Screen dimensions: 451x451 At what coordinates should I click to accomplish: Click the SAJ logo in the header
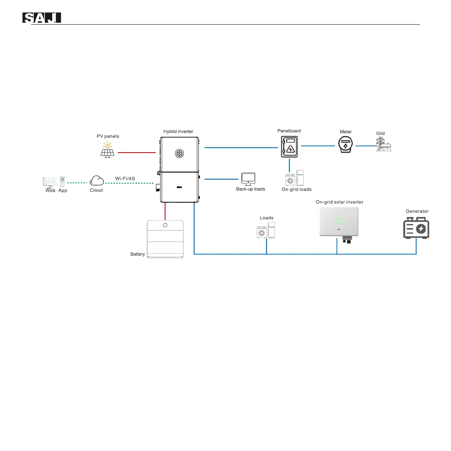pyautogui.click(x=42, y=18)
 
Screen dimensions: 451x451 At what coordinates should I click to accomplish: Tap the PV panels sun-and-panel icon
pyautogui.click(x=108, y=150)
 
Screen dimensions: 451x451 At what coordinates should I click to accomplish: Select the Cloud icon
pyautogui.click(x=97, y=180)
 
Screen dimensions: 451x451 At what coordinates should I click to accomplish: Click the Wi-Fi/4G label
pyautogui.click(x=125, y=178)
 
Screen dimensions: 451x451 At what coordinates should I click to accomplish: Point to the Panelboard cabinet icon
pyautogui.click(x=289, y=147)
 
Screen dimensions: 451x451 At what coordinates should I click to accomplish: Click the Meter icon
pyautogui.click(x=345, y=145)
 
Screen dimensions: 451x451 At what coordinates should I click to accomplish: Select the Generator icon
pyautogui.click(x=416, y=228)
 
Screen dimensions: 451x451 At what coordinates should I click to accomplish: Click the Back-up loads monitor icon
pyautogui.click(x=248, y=178)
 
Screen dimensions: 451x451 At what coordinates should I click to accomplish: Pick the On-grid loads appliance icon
pyautogui.click(x=295, y=178)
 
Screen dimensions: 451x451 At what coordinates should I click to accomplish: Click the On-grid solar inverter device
pyautogui.click(x=339, y=222)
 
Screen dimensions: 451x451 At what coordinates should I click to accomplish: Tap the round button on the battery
pyautogui.click(x=165, y=225)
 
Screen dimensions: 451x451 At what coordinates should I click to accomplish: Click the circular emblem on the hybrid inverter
pyautogui.click(x=179, y=153)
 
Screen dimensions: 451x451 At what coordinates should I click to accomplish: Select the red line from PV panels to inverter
pyautogui.click(x=137, y=153)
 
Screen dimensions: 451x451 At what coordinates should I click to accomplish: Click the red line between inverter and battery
pyautogui.click(x=165, y=211)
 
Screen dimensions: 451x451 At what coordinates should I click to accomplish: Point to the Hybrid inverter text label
pyautogui.click(x=178, y=131)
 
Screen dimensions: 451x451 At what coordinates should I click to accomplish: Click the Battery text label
pyautogui.click(x=137, y=254)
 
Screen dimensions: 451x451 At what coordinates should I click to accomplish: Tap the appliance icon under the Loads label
pyautogui.click(x=266, y=230)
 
